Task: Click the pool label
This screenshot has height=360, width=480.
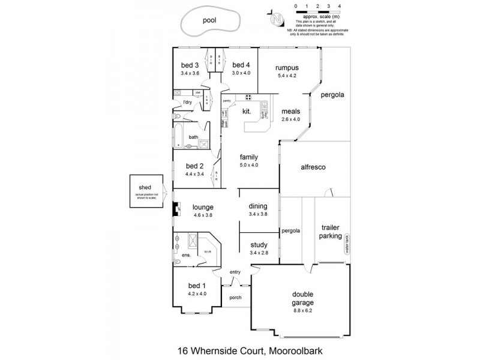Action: coord(209,20)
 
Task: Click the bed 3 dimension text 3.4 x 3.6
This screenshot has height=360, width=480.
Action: coord(190,73)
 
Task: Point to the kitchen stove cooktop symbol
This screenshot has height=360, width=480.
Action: coord(249,98)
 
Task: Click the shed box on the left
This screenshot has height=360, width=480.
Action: coord(147,191)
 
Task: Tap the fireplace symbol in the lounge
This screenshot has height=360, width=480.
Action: coord(176,210)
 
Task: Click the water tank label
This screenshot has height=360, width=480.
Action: coord(346,246)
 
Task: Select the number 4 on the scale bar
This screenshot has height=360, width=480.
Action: coord(340,5)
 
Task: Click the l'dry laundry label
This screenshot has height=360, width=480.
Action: coord(187,103)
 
